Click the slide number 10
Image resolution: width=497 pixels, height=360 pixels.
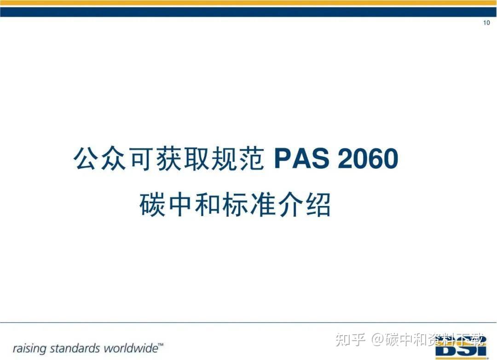tap(486, 23)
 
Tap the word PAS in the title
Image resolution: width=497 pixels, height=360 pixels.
tap(301, 159)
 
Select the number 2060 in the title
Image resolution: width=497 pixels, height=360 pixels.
tap(368, 159)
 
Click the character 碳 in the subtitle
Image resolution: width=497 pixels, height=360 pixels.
tap(152, 205)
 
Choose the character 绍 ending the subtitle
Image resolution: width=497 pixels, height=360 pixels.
tap(318, 205)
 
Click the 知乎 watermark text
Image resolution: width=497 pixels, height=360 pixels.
tap(351, 340)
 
